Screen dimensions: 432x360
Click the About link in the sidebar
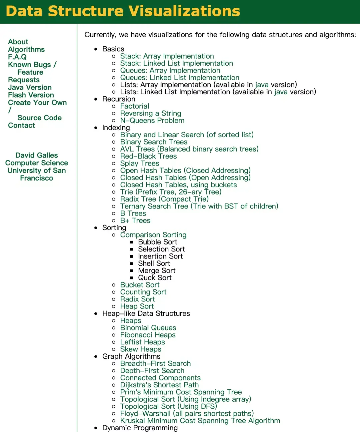pos(18,42)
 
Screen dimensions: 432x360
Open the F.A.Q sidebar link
pos(17,57)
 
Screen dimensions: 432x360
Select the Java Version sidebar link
pos(30,87)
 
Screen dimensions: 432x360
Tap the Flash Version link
pos(31,95)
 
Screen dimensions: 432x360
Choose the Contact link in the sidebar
pos(21,125)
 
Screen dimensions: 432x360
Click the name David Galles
pos(37,155)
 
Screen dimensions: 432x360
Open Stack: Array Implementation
pos(167,56)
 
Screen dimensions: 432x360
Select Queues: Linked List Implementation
pos(180,78)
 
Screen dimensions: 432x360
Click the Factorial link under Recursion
pos(135,106)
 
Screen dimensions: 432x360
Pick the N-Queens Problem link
pos(152,121)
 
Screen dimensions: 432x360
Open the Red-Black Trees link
pos(148,156)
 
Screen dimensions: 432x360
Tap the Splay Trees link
pos(140,164)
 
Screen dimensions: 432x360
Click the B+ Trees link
pos(135,220)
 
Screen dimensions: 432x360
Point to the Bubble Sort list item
pos(158,242)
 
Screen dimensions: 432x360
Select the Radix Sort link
pos(138,299)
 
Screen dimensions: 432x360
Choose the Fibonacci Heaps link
pos(148,335)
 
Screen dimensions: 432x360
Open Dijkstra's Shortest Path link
pos(159,385)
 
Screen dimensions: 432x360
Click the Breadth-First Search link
pos(155,364)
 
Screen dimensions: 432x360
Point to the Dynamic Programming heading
pos(140,428)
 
